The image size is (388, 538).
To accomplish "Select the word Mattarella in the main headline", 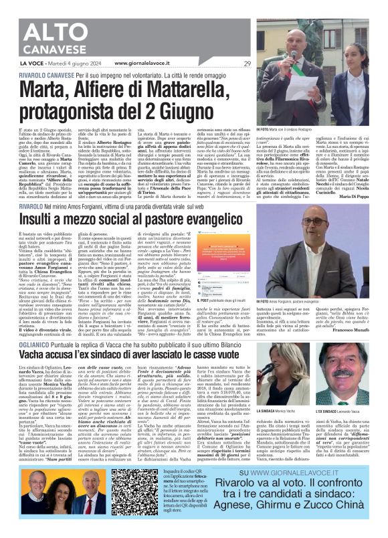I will (130, 88).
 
